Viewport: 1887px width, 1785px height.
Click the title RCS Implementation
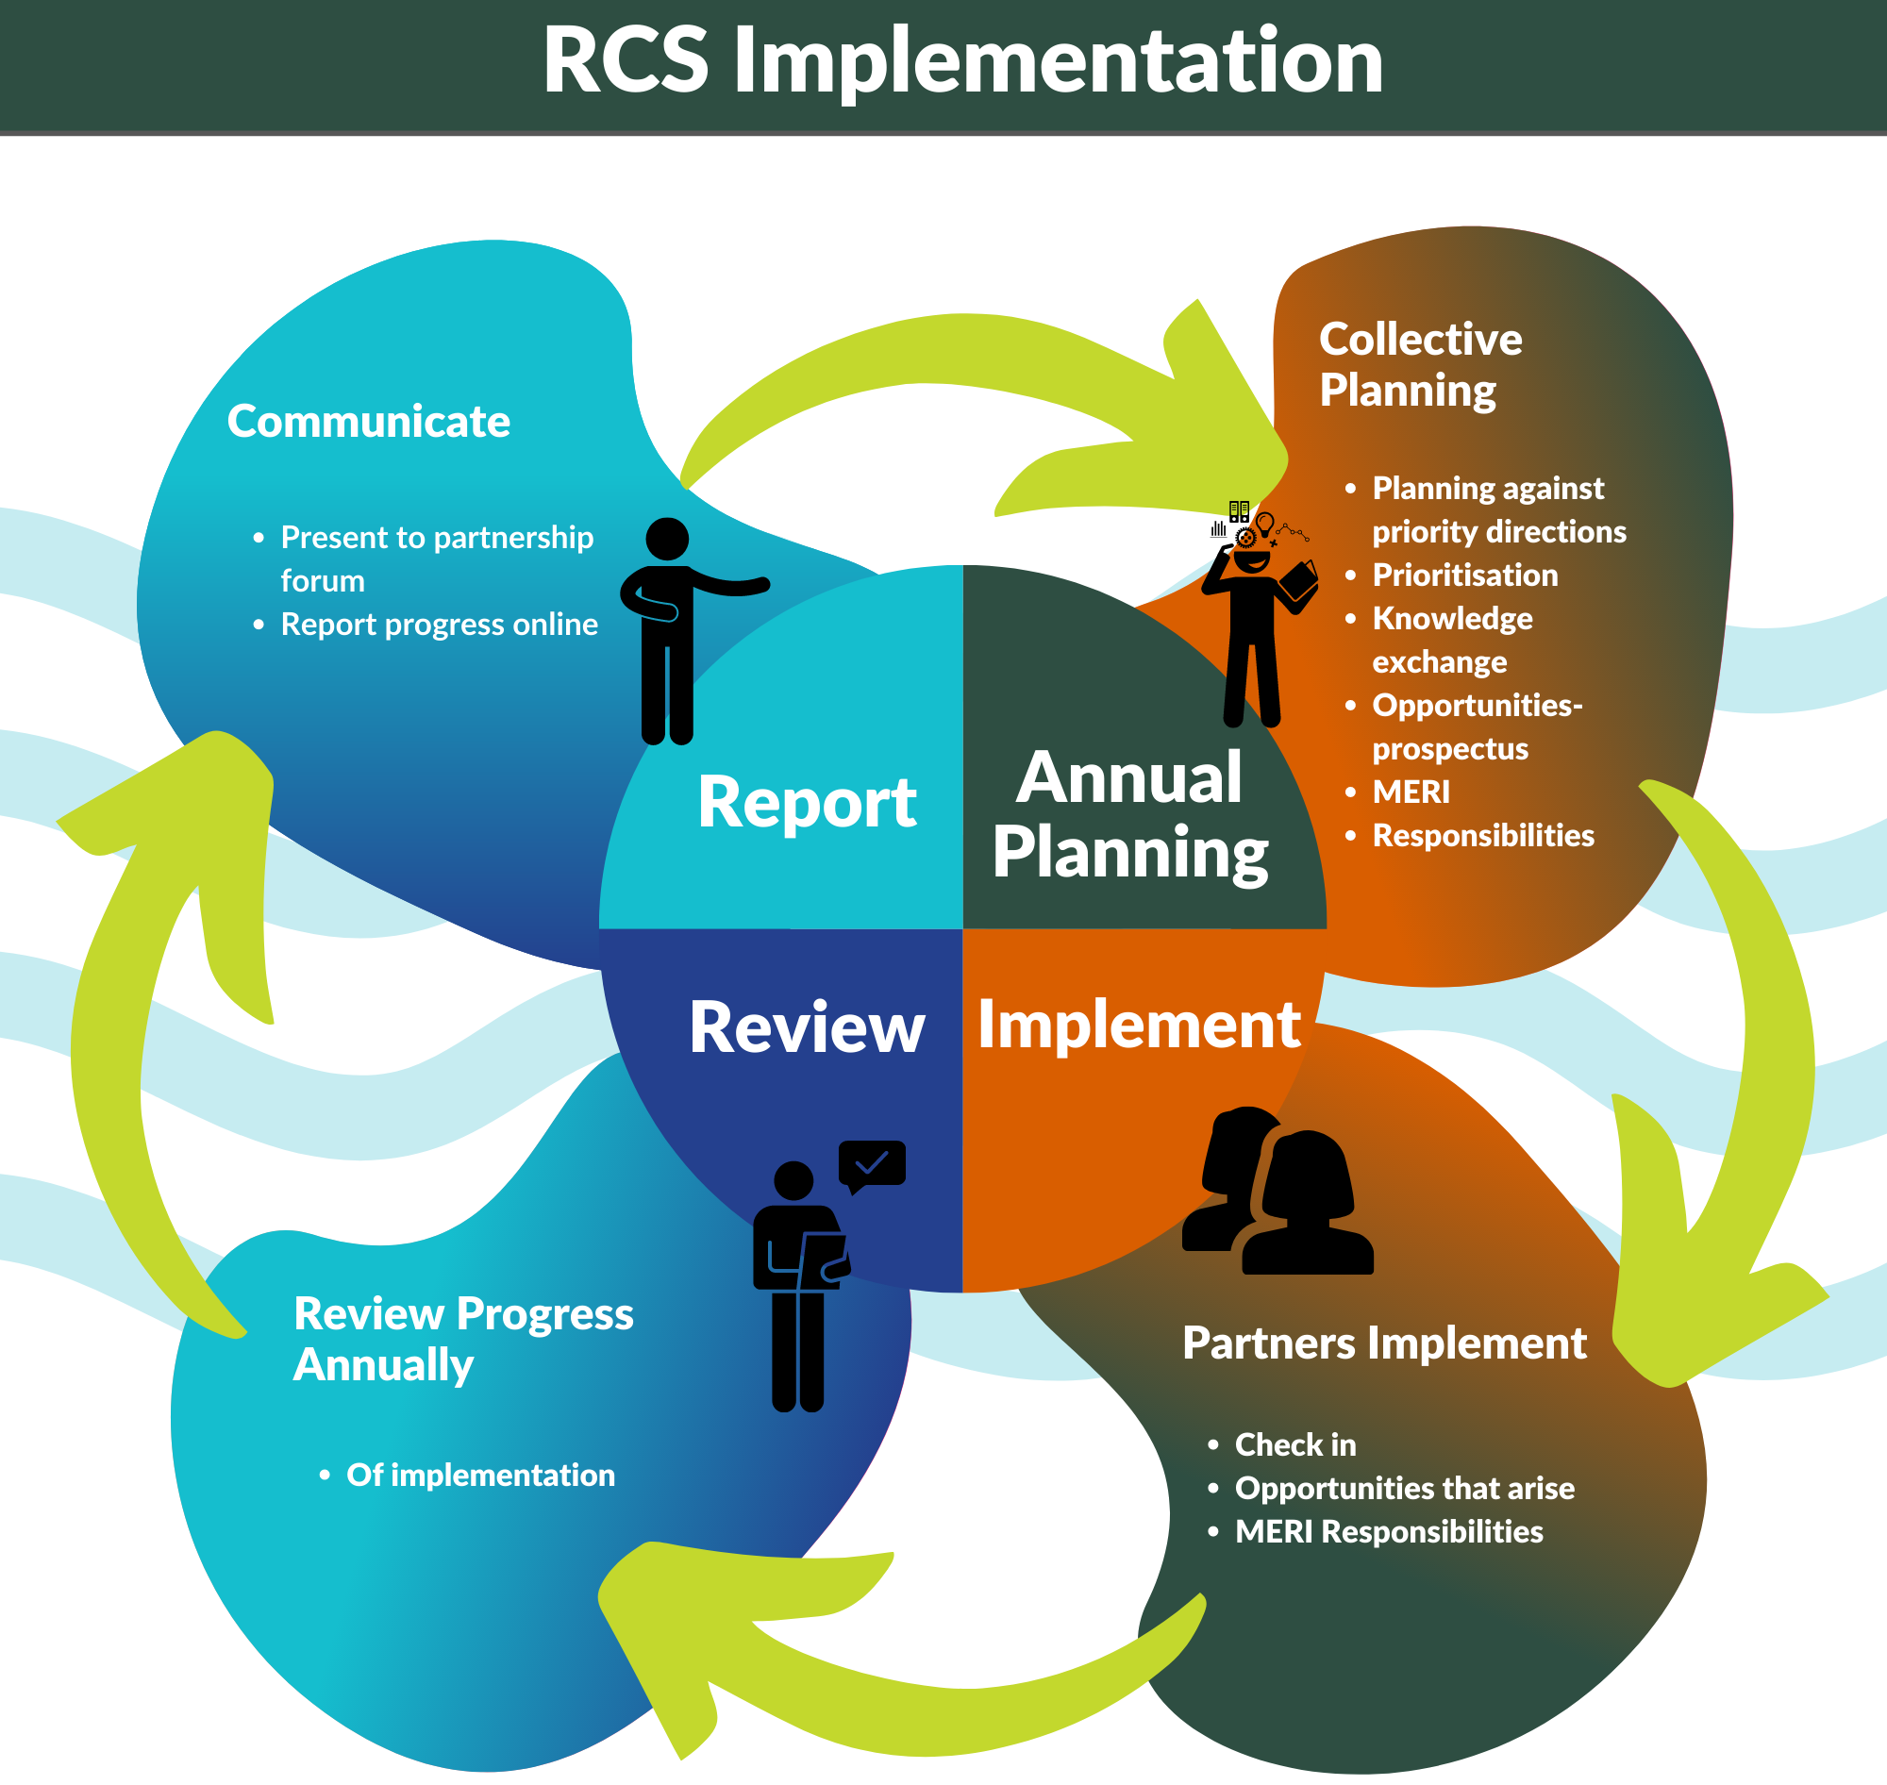[961, 61]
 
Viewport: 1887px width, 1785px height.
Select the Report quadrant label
[807, 802]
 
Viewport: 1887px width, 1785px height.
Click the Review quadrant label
[807, 1027]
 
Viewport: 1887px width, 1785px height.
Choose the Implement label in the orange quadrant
[1139, 1025]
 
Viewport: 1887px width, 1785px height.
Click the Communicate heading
[368, 422]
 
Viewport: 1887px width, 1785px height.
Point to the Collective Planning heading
[1419, 364]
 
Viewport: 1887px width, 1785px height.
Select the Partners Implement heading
[1383, 1343]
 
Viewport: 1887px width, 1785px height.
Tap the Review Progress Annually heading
[462, 1339]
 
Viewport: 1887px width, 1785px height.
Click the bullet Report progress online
[439, 625]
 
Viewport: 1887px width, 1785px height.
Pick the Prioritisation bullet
[1464, 575]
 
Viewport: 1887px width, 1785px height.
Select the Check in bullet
[1294, 1444]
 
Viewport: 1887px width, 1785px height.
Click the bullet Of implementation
[479, 1475]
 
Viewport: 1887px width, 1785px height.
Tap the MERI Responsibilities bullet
[1389, 1532]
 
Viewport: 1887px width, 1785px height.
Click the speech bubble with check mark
[872, 1163]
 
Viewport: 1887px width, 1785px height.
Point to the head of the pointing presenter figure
[667, 539]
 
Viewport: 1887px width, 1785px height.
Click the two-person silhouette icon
[1278, 1194]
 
